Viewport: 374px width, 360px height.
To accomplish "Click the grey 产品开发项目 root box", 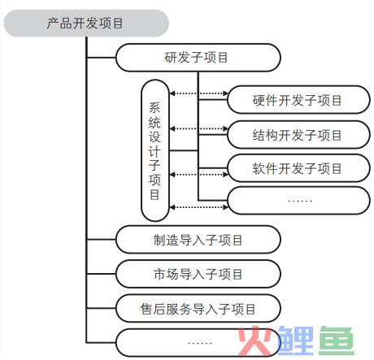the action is click(86, 23).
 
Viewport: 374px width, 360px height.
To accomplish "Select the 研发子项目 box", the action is click(198, 58).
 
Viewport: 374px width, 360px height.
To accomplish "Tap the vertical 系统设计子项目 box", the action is click(155, 150).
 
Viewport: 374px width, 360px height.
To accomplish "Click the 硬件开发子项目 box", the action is click(298, 100).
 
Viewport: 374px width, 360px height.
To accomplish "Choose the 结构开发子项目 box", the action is click(298, 135).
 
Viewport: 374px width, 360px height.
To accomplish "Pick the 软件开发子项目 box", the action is click(298, 168).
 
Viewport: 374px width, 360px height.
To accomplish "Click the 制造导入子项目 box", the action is click(198, 240).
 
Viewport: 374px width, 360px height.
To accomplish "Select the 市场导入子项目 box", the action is click(198, 274).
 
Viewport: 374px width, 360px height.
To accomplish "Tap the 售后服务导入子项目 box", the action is click(198, 308).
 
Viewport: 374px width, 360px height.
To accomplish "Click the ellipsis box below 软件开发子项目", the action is click(298, 201).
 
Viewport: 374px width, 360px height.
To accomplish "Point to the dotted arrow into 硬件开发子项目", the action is click(198, 93).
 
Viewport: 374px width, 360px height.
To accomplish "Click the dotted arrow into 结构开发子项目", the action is click(198, 128).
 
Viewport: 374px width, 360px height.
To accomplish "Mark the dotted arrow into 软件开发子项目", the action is click(198, 175).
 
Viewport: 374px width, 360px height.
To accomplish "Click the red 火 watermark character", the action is click(254, 340).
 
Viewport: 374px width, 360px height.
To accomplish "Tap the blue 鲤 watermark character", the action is click(295, 340).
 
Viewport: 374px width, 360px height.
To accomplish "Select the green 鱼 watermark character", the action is click(337, 340).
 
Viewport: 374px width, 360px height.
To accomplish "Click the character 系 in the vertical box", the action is click(154, 107).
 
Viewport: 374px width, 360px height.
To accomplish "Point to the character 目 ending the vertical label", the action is click(154, 194).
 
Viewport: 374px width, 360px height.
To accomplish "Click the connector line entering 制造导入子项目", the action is click(101, 240).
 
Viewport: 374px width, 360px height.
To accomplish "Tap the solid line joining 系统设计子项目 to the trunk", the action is click(184, 150).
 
